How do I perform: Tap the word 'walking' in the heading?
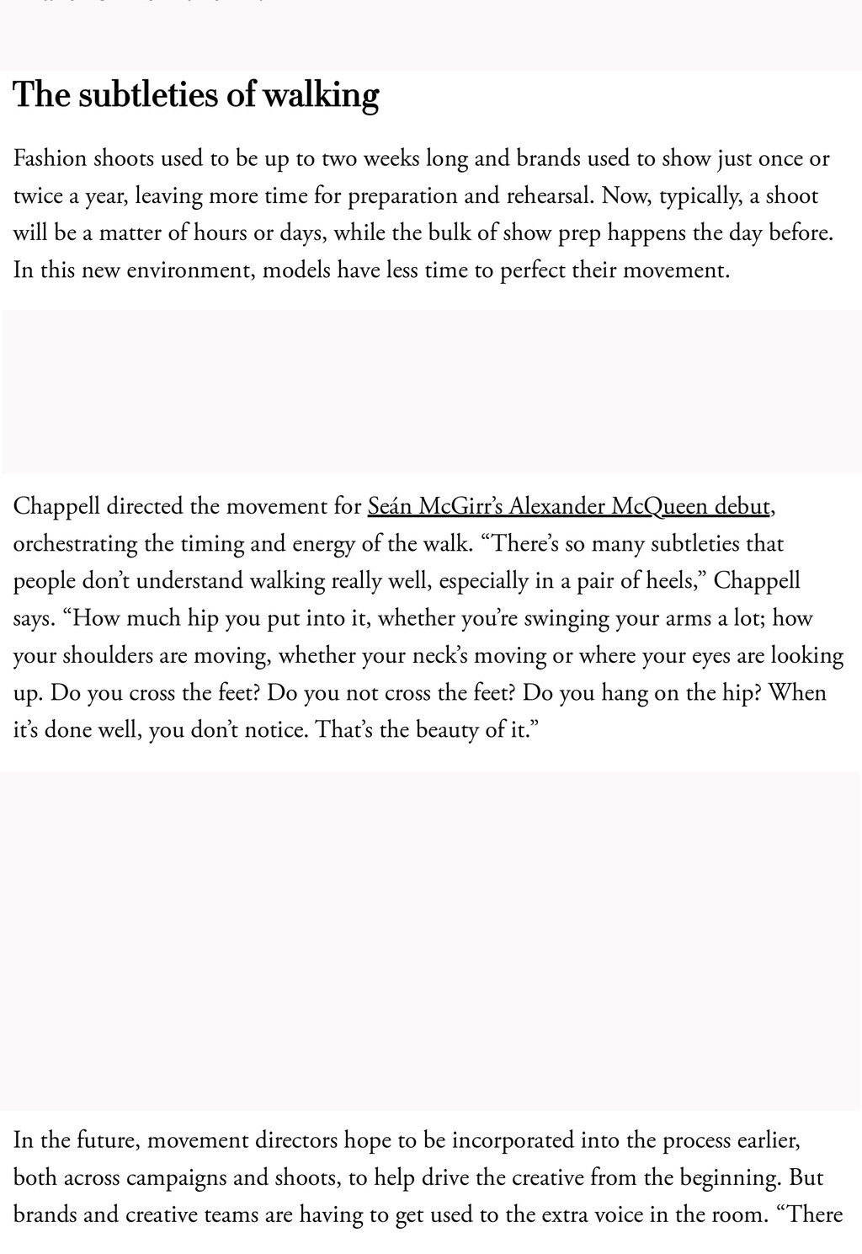321,95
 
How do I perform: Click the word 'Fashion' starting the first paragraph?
51,158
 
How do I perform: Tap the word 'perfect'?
533,270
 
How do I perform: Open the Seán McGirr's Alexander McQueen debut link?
568,506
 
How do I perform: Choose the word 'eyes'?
711,655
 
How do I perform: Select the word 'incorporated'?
513,1140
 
